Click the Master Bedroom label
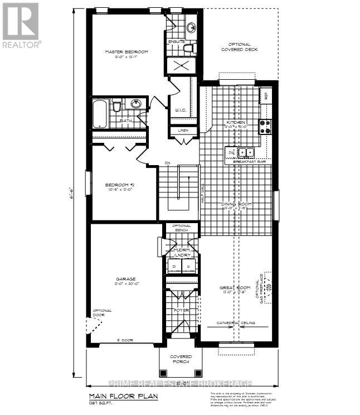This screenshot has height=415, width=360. pyautogui.click(x=127, y=52)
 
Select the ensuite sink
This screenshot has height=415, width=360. pyautogui.click(x=191, y=27)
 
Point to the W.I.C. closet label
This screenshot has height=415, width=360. pyautogui.click(x=181, y=109)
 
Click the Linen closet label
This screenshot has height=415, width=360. pyautogui.click(x=183, y=131)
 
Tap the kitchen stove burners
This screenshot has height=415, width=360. pyautogui.click(x=265, y=127)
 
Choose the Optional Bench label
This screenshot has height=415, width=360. pyautogui.click(x=181, y=228)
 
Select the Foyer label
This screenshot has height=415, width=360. pyautogui.click(x=181, y=310)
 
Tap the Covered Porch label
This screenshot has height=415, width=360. pyautogui.click(x=181, y=359)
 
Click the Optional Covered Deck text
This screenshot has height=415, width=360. pyautogui.click(x=240, y=47)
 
